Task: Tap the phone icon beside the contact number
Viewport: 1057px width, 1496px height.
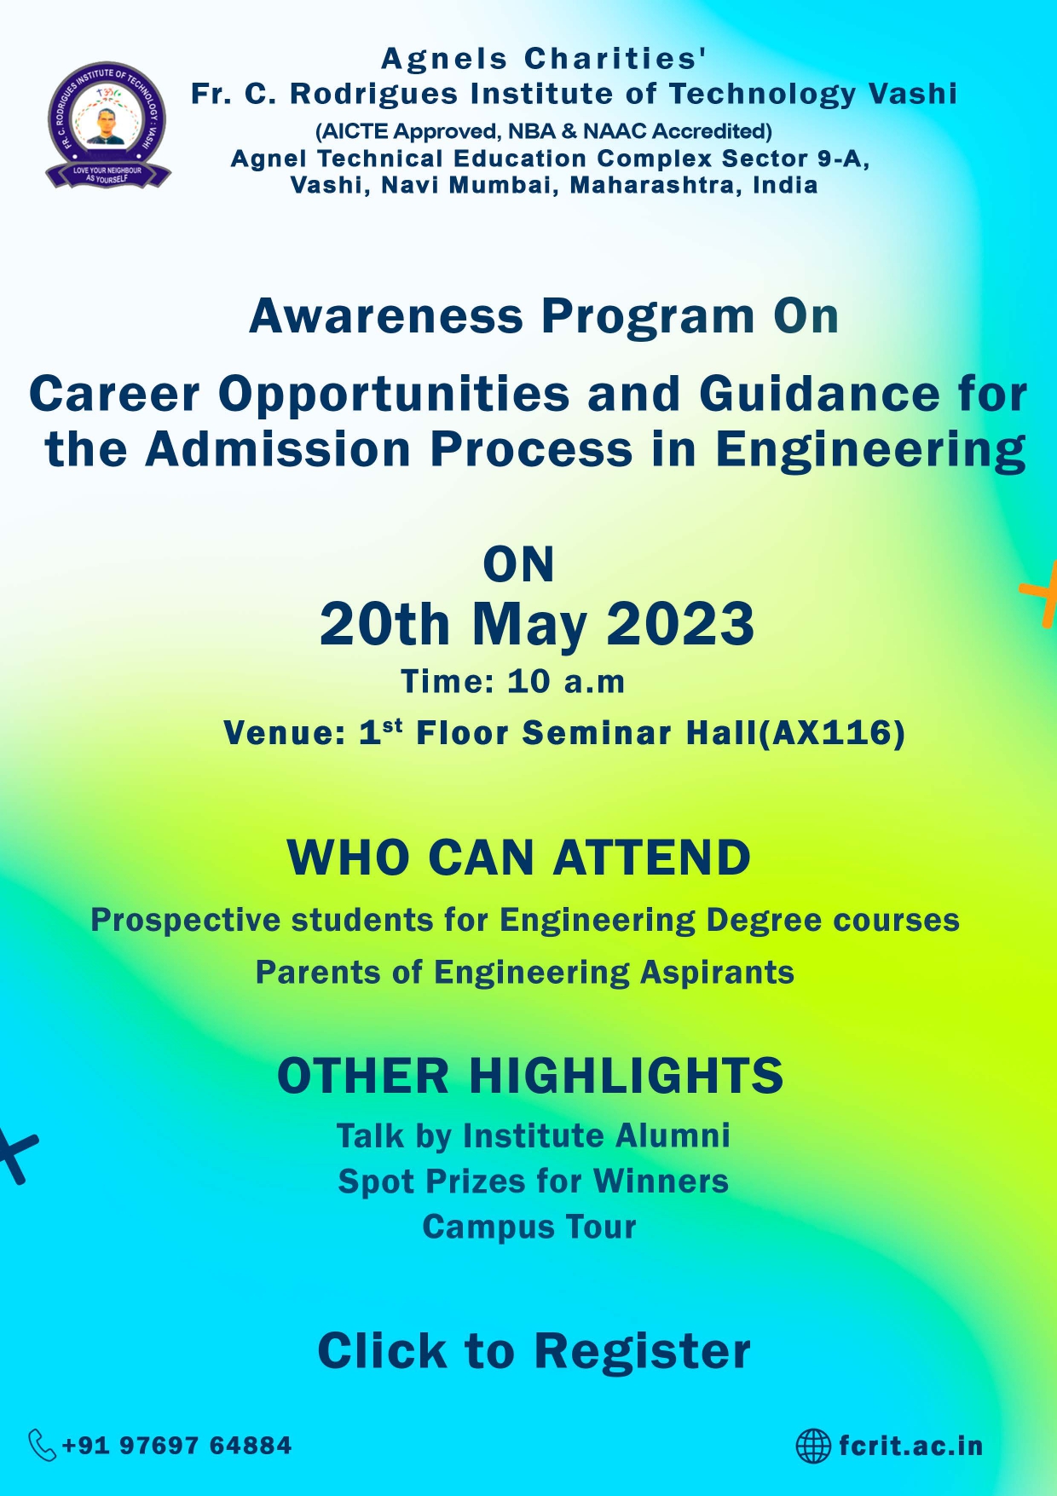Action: [x=43, y=1445]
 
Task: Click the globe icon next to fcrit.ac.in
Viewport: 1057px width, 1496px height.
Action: [x=813, y=1446]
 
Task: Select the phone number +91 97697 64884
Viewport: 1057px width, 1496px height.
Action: [x=177, y=1446]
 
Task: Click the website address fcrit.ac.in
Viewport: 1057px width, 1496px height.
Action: [x=910, y=1446]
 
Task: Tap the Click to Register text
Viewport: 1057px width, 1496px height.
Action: [x=534, y=1351]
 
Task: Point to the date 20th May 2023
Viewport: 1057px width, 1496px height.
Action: [x=537, y=624]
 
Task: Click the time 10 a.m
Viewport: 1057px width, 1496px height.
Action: [x=566, y=682]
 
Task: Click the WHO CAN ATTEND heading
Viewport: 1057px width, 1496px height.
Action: [x=519, y=858]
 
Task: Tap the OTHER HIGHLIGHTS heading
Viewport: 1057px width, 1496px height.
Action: [x=530, y=1076]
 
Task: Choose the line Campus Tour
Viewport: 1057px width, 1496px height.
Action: [x=529, y=1227]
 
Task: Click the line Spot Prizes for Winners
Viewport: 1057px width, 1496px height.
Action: [x=534, y=1181]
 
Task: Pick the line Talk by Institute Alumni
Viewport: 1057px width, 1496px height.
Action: [x=534, y=1136]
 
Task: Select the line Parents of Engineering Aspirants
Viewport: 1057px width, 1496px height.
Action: [x=525, y=973]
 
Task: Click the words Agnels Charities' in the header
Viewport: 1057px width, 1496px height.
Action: [x=544, y=59]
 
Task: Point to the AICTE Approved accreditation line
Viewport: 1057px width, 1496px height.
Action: [x=544, y=131]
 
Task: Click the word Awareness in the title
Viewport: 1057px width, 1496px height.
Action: [x=386, y=316]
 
